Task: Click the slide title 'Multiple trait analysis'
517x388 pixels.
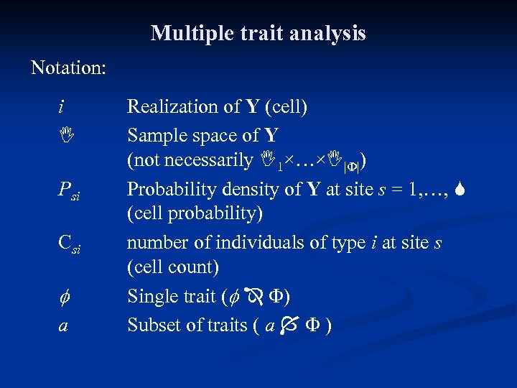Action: (x=258, y=33)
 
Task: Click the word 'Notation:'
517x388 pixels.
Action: (x=69, y=68)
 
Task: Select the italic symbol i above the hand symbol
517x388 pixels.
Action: (x=61, y=107)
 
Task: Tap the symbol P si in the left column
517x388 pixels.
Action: (x=69, y=190)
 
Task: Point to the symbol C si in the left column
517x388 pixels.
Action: (x=69, y=244)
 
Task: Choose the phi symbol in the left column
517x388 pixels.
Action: (x=62, y=297)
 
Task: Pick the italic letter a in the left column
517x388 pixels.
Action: (x=63, y=325)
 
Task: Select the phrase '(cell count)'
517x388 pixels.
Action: (x=172, y=267)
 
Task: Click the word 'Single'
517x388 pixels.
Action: (x=150, y=296)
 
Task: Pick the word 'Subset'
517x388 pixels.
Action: (x=152, y=325)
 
